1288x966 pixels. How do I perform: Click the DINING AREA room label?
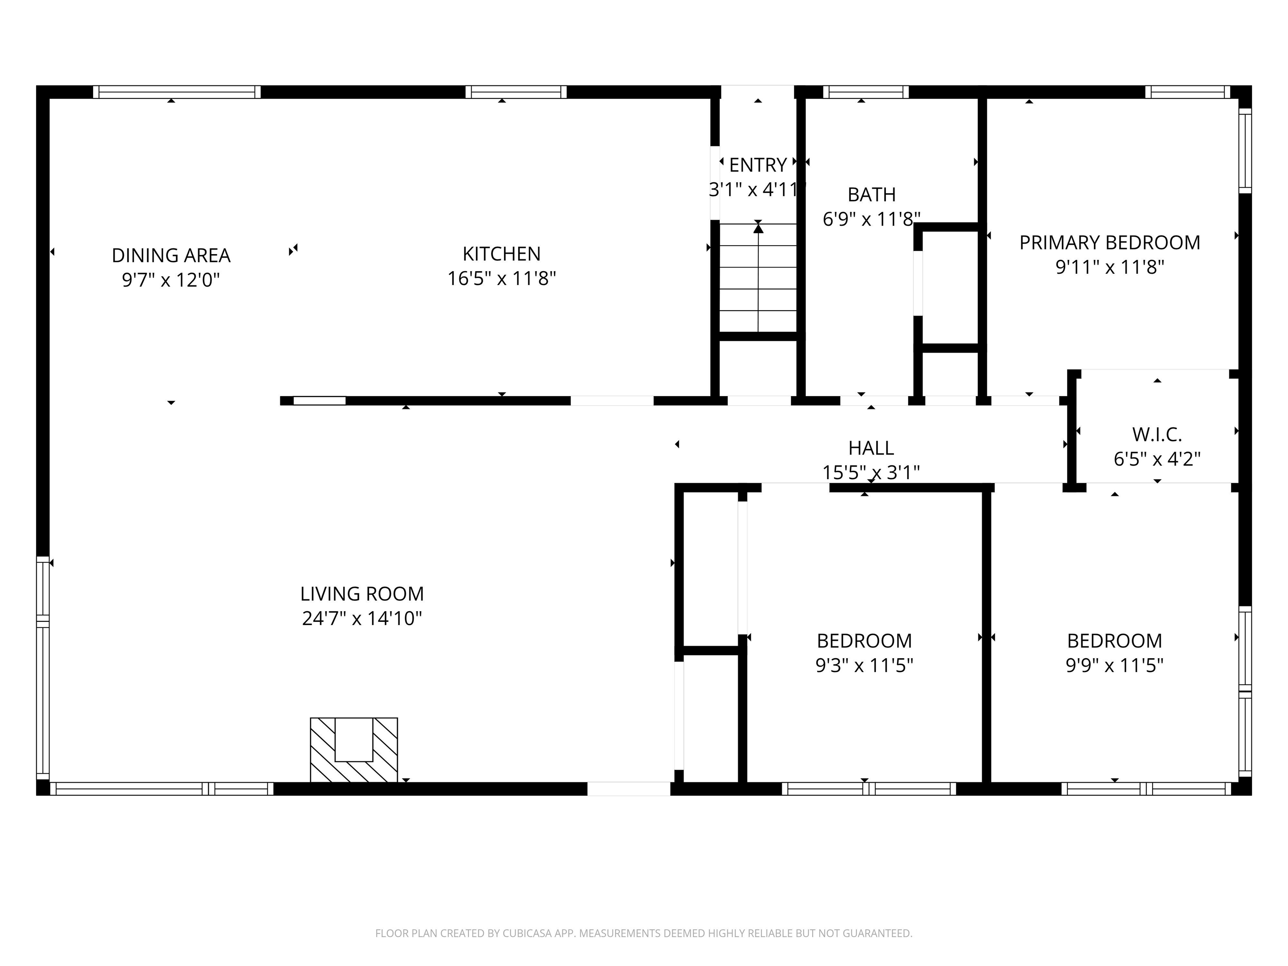[171, 255]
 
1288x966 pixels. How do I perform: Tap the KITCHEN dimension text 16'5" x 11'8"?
[501, 279]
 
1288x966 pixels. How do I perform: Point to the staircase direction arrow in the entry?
[758, 229]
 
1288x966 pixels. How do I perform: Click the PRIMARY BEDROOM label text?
[1109, 242]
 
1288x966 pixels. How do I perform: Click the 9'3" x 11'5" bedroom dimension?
[864, 665]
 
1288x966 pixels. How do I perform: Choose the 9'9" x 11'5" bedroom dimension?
[1114, 665]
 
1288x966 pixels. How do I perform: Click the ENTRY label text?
[758, 165]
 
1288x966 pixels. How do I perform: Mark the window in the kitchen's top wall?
[516, 92]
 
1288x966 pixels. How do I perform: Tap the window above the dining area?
[177, 92]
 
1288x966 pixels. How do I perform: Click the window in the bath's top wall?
[865, 92]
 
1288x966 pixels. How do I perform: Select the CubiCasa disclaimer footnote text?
[644, 933]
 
